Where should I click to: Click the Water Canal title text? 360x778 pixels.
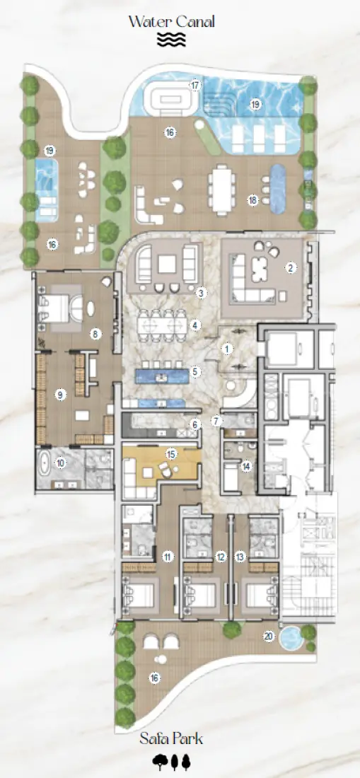coord(171,21)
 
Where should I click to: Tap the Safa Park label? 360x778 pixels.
coord(171,739)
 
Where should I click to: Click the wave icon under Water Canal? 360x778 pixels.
coord(171,40)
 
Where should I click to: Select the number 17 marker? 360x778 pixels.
coord(194,85)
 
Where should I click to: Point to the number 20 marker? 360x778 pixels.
coord(268,635)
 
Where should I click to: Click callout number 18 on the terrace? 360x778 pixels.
coord(252,200)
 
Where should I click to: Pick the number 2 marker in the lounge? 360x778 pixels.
coord(289,267)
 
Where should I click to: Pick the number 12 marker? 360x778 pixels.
coord(221,557)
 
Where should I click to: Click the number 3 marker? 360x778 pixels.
coord(201,292)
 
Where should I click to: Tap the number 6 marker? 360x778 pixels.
coord(195,424)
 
